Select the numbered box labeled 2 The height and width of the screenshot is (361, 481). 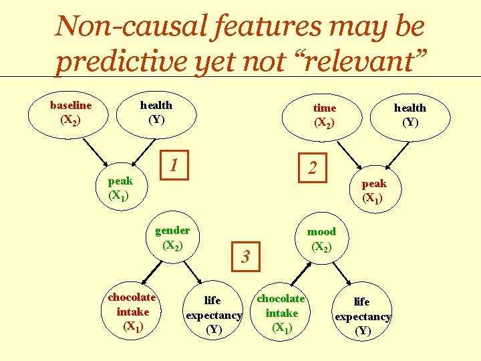[312, 167]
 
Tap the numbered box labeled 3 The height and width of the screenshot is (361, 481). [245, 255]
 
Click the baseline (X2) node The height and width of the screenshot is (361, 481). [70, 112]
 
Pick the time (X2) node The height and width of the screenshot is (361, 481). [324, 115]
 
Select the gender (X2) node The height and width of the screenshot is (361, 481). [172, 237]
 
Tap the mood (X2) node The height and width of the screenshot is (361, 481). [321, 239]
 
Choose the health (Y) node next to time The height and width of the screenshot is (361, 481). [410, 115]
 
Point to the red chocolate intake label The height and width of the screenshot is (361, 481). [132, 312]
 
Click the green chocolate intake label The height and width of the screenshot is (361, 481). [281, 313]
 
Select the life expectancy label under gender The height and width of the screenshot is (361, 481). [213, 315]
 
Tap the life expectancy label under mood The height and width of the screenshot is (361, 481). [362, 316]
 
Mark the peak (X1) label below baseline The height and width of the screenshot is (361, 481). [120, 188]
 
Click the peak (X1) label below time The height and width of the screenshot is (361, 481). [373, 191]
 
